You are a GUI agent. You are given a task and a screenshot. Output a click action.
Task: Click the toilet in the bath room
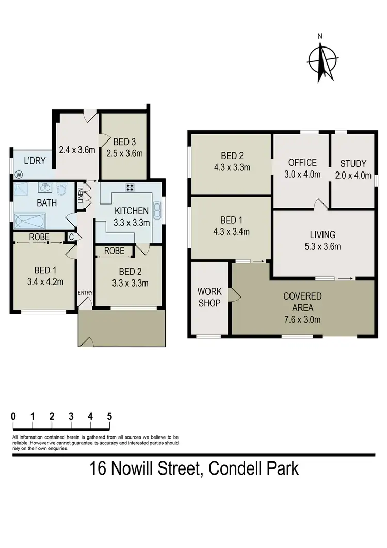coord(62,189)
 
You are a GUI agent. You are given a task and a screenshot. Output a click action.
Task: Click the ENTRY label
coord(85,293)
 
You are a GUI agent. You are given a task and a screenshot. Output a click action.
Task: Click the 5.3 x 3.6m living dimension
coord(323,246)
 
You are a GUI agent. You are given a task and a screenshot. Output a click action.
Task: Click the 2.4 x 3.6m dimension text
coord(77,150)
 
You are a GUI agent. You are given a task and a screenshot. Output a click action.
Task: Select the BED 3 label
coord(124,142)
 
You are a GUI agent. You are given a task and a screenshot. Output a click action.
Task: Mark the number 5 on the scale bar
coord(109,416)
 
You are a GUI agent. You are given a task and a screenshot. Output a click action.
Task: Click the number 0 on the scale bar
coord(13,416)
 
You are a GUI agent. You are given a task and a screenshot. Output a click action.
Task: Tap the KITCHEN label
coord(132,210)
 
